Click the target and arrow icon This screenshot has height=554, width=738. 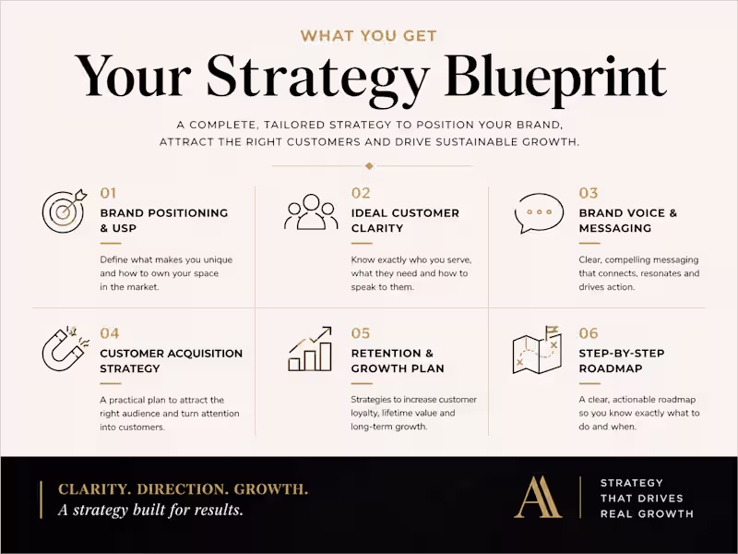point(64,211)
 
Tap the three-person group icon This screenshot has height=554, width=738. point(311,211)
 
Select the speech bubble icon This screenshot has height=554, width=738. point(538,213)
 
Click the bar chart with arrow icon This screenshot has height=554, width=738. point(311,349)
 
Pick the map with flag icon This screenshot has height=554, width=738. point(538,350)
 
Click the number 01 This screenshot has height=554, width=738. point(109,193)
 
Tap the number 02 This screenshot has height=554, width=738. point(361,193)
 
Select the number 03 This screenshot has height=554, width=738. point(589,193)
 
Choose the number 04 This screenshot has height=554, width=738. point(110,333)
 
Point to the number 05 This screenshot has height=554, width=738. point(361,333)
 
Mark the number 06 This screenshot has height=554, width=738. point(589,333)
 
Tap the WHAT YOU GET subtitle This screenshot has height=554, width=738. point(369,36)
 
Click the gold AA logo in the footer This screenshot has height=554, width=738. point(538,497)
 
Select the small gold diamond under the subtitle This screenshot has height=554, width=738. point(369,166)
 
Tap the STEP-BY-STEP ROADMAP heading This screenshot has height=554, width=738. point(622,360)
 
